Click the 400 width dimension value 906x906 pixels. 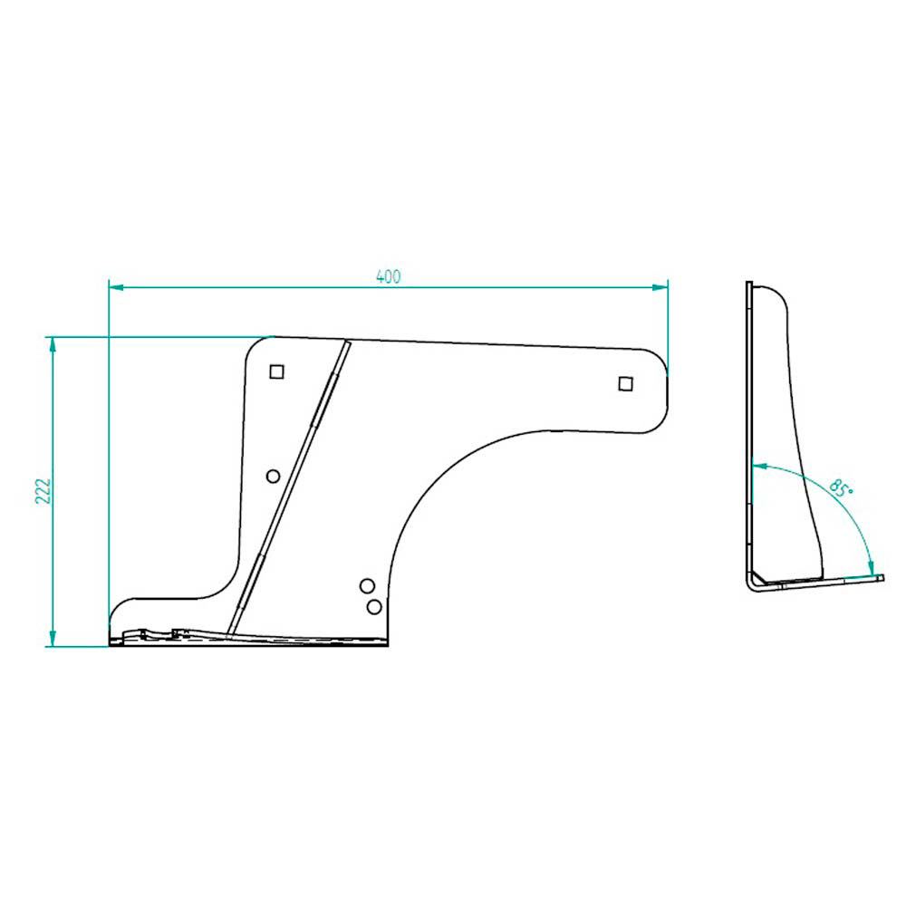point(388,276)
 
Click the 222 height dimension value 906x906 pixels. point(43,491)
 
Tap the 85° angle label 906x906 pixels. point(841,488)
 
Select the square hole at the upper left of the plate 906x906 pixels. point(276,371)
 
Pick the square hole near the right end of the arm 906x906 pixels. point(625,383)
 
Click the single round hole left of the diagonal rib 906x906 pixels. point(274,477)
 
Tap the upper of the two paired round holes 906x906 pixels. point(367,586)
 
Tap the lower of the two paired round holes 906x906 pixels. point(374,607)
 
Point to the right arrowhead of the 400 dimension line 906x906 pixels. point(660,287)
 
